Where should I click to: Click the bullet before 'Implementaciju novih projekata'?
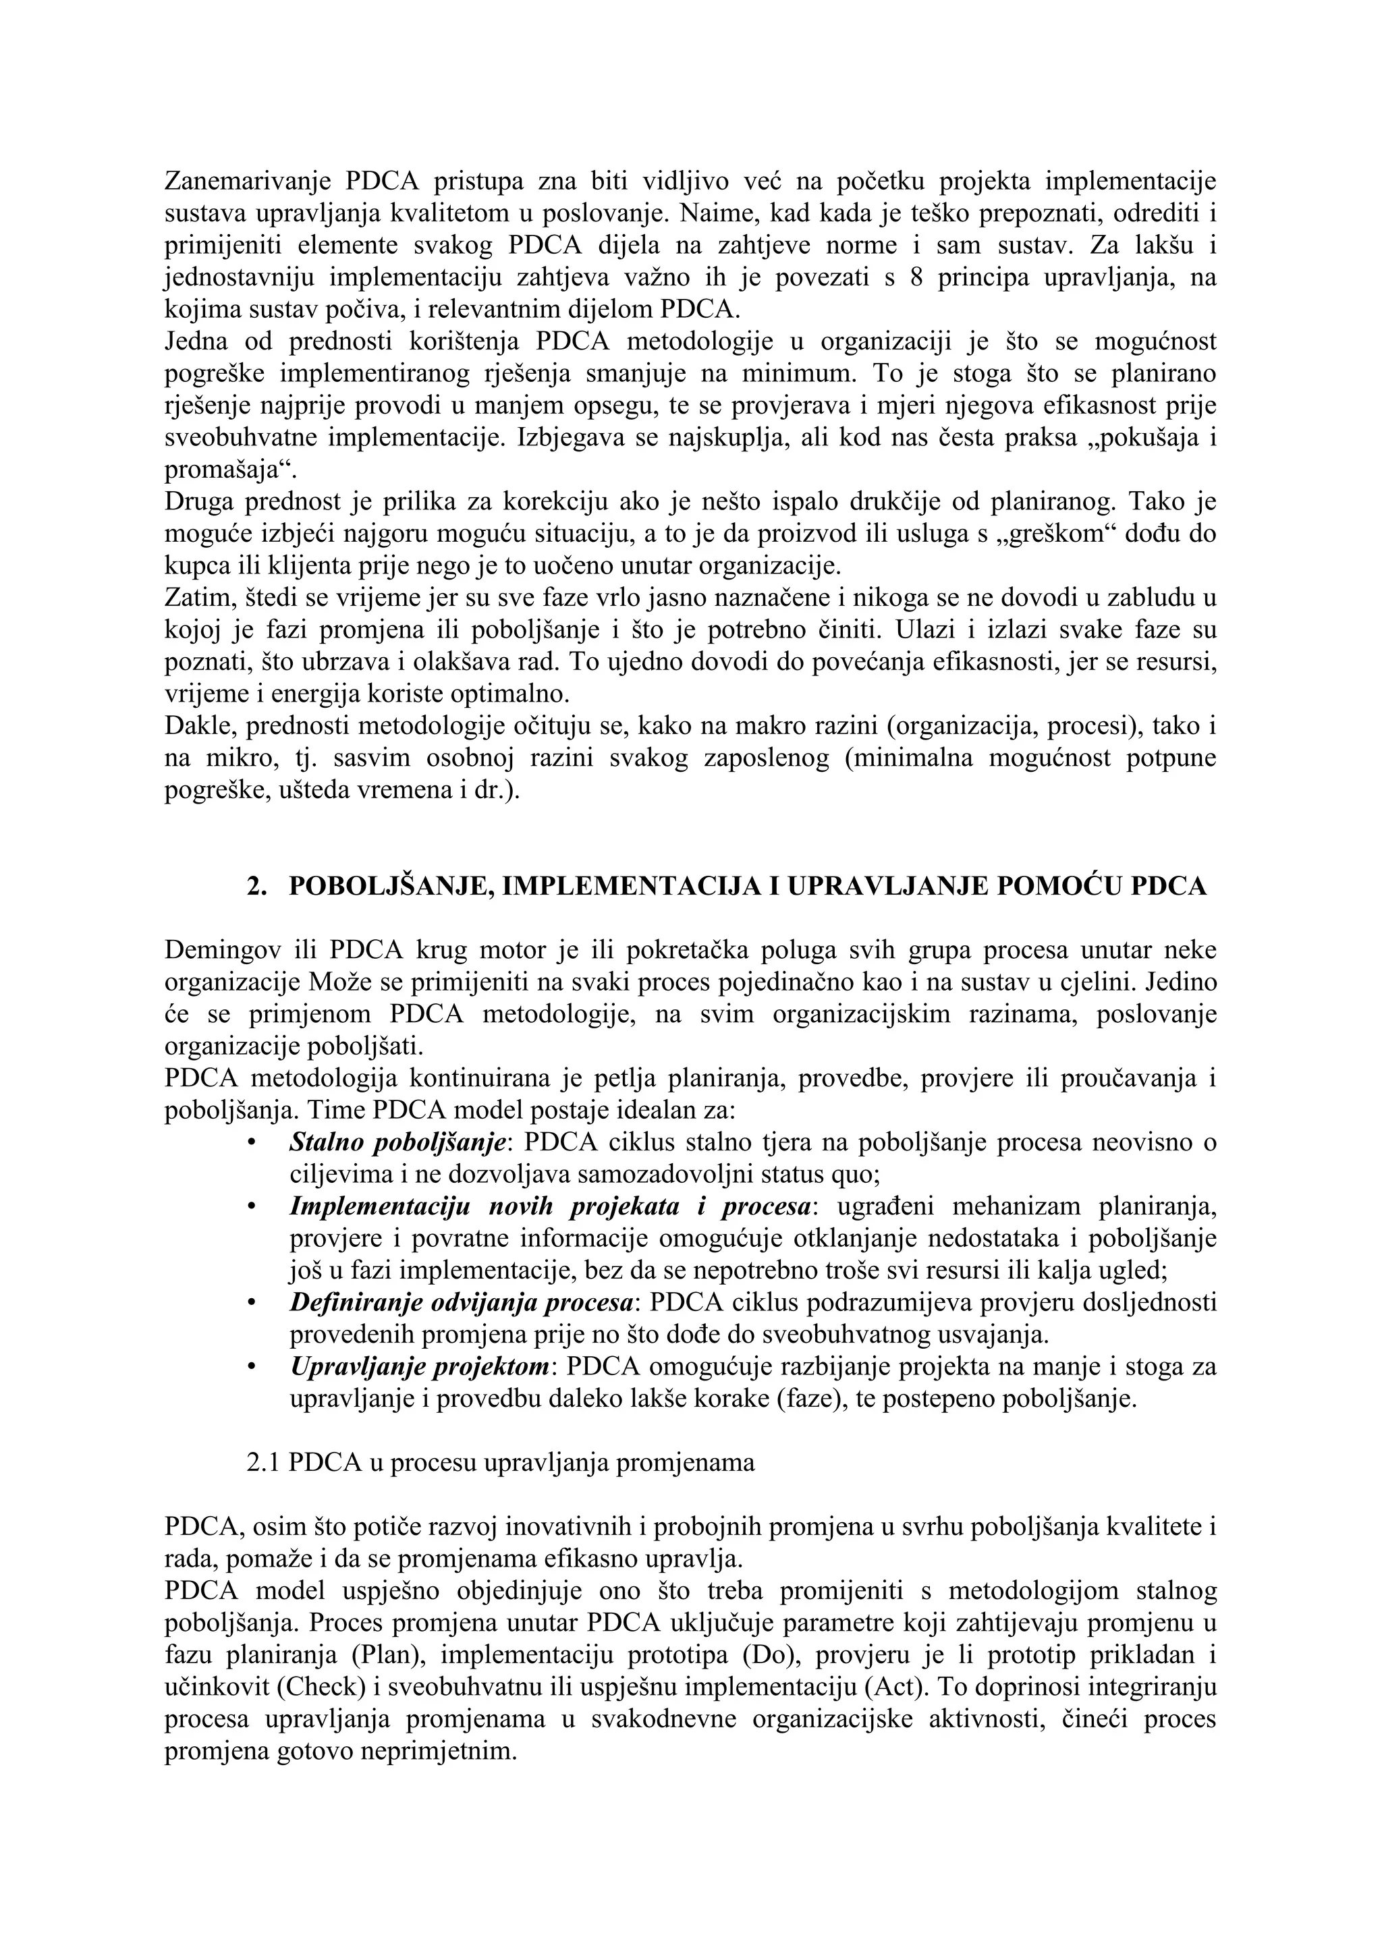(x=251, y=1207)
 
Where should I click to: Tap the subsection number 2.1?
(x=263, y=1463)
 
